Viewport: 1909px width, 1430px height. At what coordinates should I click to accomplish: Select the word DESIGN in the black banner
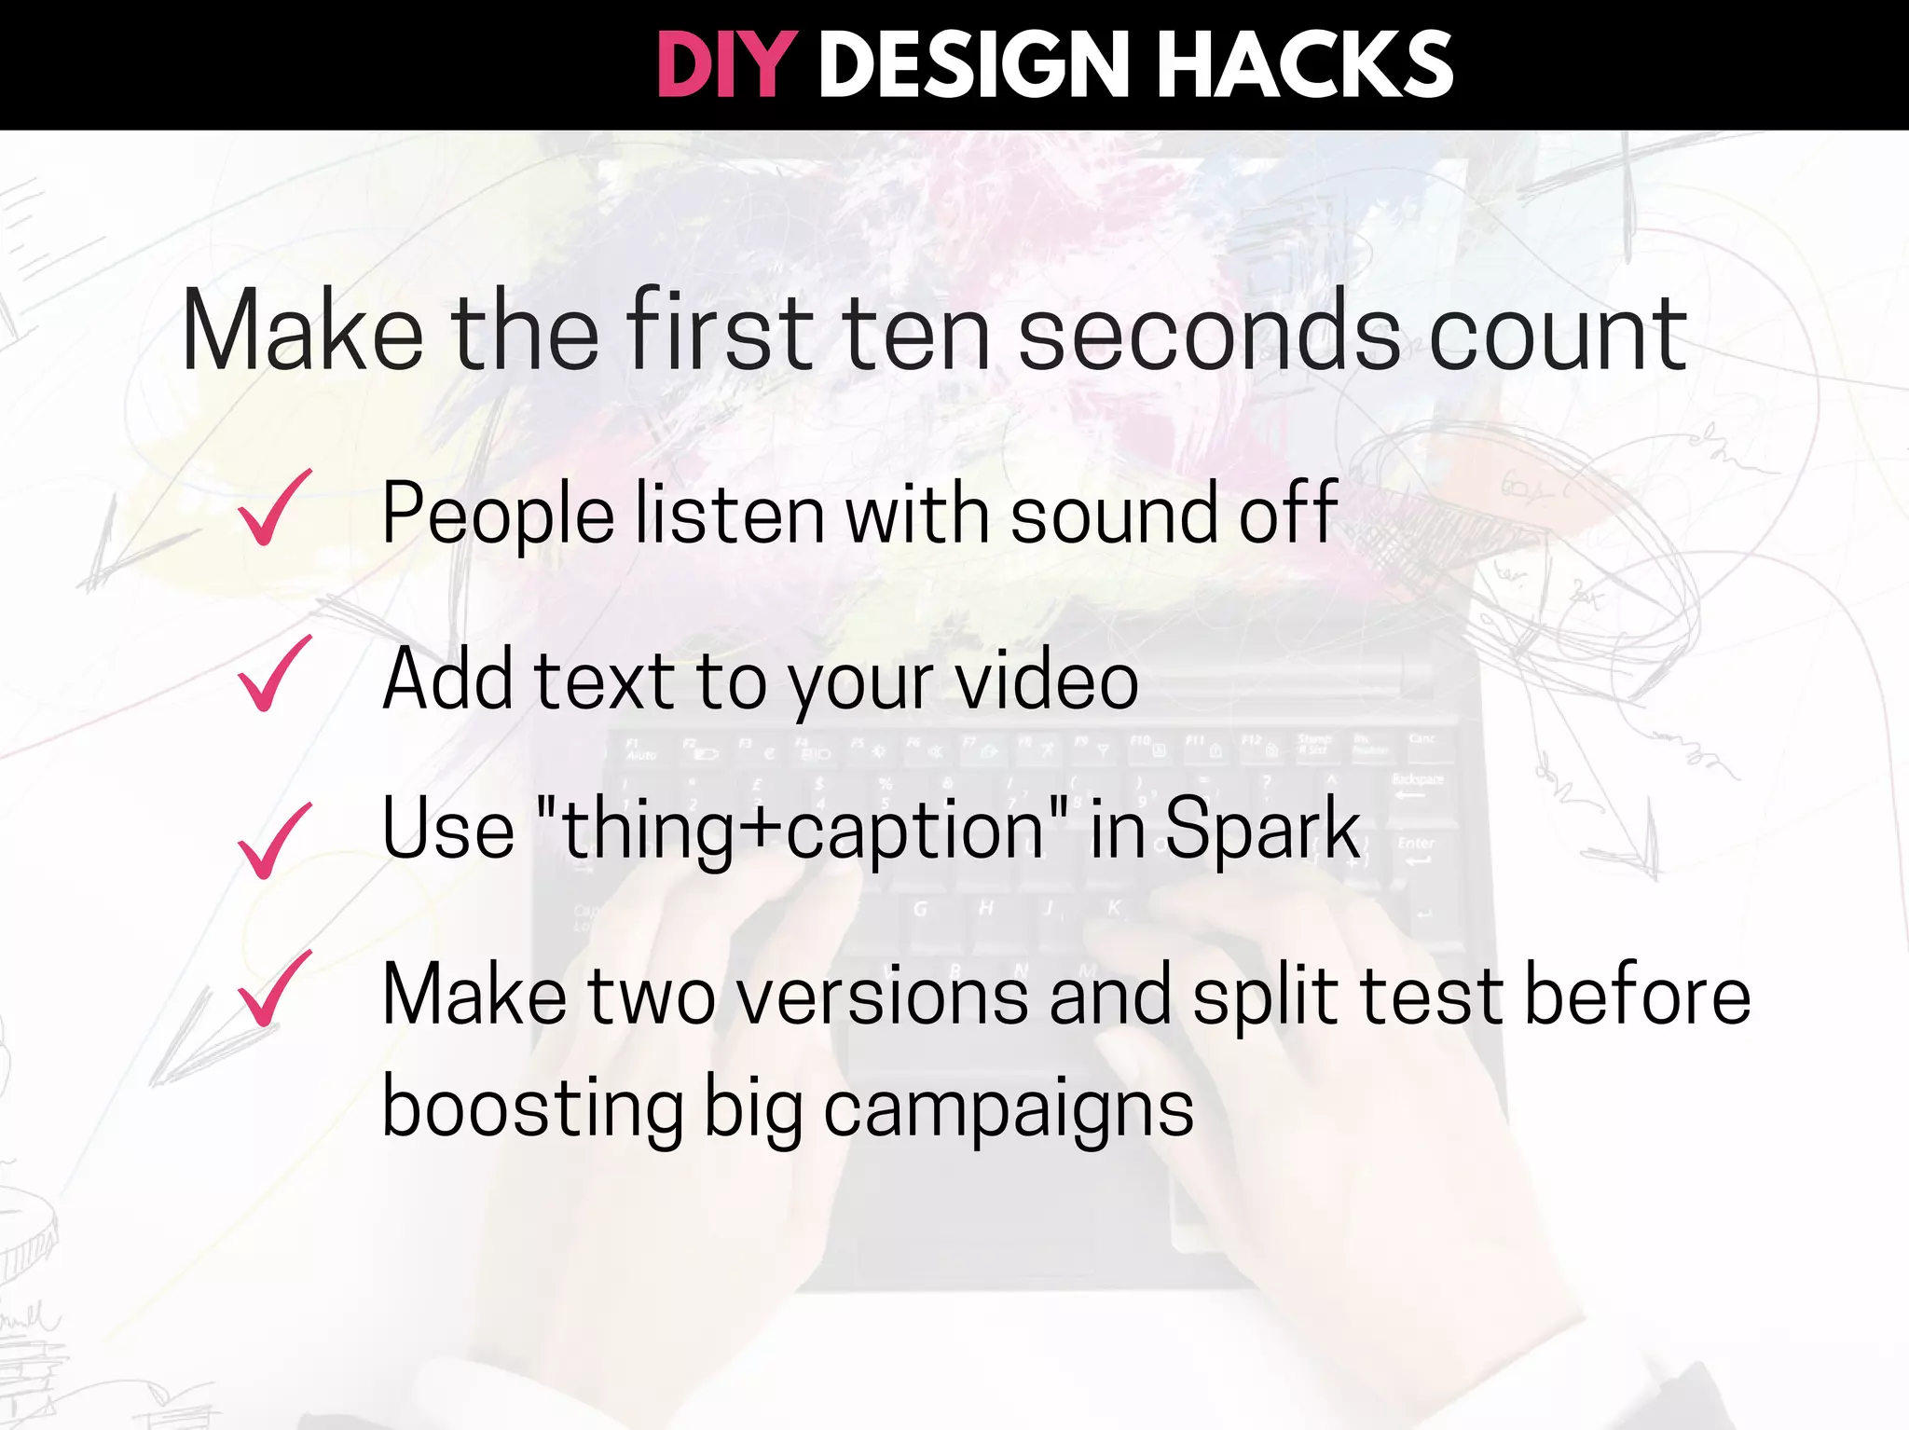click(x=973, y=65)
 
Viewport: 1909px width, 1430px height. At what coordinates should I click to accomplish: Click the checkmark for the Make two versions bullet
click(x=273, y=990)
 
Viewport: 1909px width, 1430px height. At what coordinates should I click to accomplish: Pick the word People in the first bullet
click(x=498, y=515)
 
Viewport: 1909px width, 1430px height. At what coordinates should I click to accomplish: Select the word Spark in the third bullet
click(x=1262, y=830)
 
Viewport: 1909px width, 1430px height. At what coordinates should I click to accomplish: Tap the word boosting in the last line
click(x=532, y=1109)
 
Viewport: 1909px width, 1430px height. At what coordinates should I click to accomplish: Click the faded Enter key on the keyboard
click(x=1416, y=845)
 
